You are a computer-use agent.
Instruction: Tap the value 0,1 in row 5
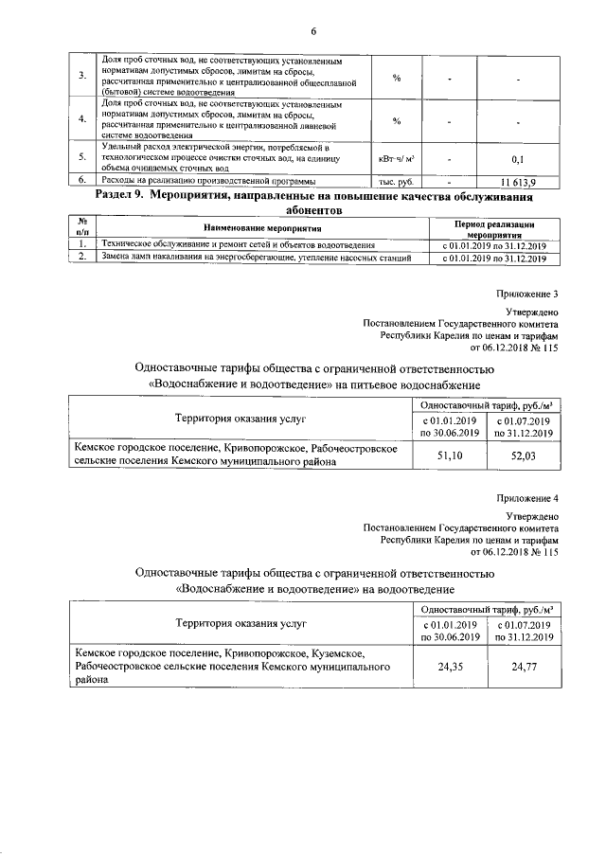[x=518, y=159]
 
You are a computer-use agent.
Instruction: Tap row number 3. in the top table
[x=81, y=77]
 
